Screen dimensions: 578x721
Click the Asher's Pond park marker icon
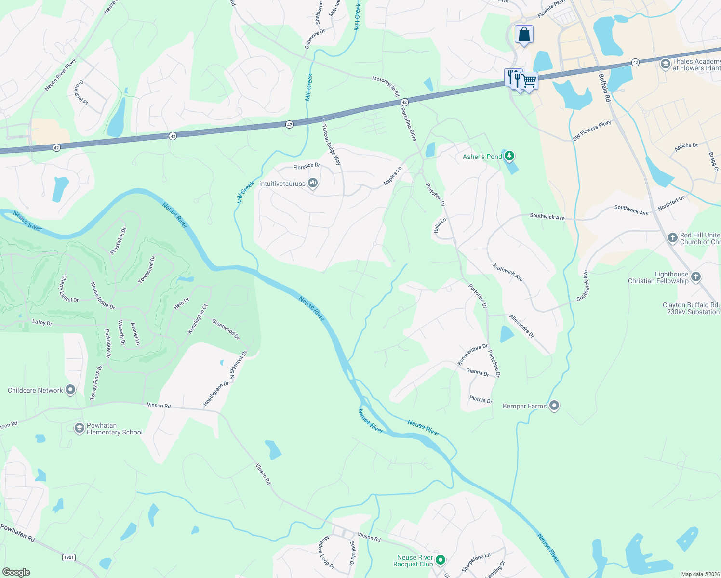point(509,156)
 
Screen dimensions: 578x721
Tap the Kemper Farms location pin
point(554,406)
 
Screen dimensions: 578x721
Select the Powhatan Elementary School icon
point(80,428)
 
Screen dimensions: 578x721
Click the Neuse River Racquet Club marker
point(440,560)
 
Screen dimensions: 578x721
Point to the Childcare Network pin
point(70,390)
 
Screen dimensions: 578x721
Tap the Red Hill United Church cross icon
point(672,238)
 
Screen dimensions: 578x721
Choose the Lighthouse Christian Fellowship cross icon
point(695,277)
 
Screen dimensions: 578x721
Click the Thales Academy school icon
point(665,64)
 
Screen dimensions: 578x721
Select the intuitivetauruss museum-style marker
point(313,183)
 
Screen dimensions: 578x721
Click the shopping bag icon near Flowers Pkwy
point(524,35)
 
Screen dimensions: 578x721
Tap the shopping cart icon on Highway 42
point(529,81)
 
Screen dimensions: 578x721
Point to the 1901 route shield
point(68,557)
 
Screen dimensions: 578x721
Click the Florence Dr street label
point(307,166)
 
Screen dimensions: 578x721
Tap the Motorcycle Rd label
point(386,86)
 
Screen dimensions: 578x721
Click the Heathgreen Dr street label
point(215,394)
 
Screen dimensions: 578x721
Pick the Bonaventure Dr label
point(472,354)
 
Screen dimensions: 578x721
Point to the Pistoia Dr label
point(481,400)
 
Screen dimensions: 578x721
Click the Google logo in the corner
point(16,572)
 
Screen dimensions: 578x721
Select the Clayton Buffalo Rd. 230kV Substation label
point(691,308)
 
